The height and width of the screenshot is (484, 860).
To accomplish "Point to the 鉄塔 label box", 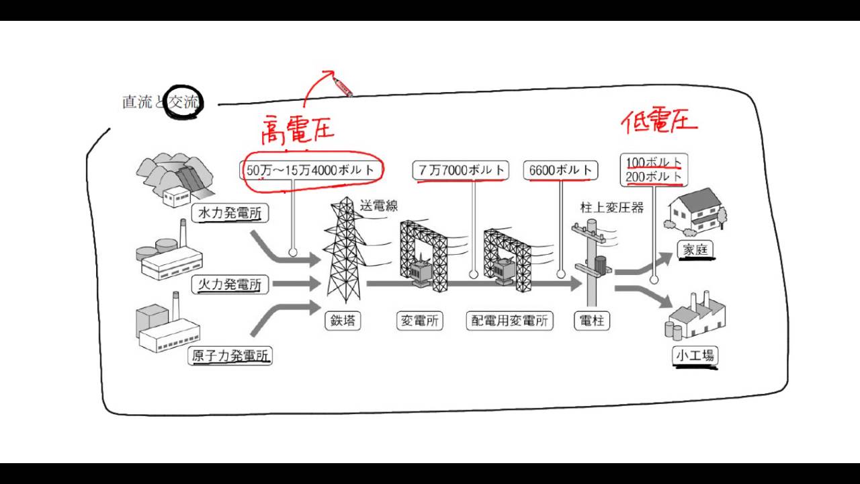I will [x=342, y=321].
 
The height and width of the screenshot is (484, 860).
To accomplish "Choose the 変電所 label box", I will [x=420, y=321].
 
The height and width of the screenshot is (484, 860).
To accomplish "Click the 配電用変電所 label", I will [x=509, y=321].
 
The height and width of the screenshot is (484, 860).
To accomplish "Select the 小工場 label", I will [x=694, y=356].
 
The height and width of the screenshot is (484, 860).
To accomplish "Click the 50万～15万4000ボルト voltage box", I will [x=310, y=171].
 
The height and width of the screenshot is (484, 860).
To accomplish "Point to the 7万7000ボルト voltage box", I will [x=461, y=171].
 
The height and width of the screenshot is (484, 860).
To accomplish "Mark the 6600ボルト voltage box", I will [x=560, y=171].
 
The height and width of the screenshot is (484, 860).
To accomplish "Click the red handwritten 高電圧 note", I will [x=297, y=130].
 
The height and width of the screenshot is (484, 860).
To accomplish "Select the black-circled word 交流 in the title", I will [x=183, y=103].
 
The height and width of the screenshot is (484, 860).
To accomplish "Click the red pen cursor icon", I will [x=343, y=87].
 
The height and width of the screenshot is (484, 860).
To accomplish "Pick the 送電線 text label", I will [x=379, y=205].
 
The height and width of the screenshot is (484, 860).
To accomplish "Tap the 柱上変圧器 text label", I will [x=611, y=208].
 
